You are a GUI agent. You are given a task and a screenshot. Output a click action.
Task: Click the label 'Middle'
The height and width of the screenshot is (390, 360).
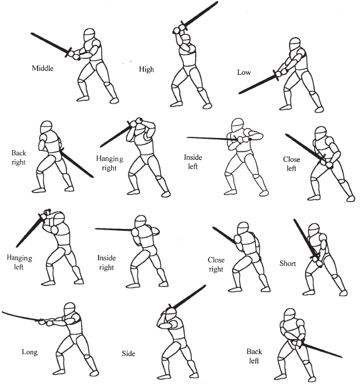(43, 68)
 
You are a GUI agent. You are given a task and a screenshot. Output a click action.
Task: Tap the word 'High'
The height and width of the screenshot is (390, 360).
(146, 69)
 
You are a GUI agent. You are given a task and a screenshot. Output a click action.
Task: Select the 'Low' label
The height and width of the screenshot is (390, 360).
(244, 72)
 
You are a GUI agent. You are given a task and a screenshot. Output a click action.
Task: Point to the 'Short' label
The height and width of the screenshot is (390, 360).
(288, 263)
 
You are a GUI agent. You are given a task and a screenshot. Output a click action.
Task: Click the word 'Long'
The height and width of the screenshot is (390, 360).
(30, 352)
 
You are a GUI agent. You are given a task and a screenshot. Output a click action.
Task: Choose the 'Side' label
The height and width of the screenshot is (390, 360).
(129, 354)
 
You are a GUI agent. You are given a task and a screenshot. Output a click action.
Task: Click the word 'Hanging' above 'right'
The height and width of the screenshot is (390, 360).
(109, 159)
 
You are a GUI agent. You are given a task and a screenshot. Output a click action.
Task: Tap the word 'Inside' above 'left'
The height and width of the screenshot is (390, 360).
(193, 157)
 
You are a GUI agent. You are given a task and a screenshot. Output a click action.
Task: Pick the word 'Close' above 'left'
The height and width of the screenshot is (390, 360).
(292, 159)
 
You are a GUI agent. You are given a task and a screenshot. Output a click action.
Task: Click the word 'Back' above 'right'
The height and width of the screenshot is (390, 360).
(19, 153)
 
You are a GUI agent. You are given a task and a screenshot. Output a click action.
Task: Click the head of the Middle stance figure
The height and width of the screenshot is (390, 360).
(90, 35)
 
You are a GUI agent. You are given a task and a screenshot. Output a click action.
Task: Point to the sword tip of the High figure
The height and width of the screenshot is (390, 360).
(217, 3)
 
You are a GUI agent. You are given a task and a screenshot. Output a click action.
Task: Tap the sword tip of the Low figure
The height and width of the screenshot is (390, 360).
(239, 93)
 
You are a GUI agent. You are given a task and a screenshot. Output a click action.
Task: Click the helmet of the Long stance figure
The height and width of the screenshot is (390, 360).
(70, 309)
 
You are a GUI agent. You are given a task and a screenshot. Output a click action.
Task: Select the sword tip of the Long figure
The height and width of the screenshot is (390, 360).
(3, 312)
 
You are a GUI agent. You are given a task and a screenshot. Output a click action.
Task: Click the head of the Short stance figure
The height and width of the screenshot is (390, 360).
(314, 230)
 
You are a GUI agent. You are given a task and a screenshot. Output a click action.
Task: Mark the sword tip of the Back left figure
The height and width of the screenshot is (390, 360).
(341, 357)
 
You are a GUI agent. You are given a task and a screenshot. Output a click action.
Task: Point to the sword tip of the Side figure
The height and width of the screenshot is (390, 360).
(205, 286)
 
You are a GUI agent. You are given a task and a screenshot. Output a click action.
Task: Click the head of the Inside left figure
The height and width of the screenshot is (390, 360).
(237, 125)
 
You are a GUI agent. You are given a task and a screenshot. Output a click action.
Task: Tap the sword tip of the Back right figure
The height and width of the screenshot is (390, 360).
(93, 177)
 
